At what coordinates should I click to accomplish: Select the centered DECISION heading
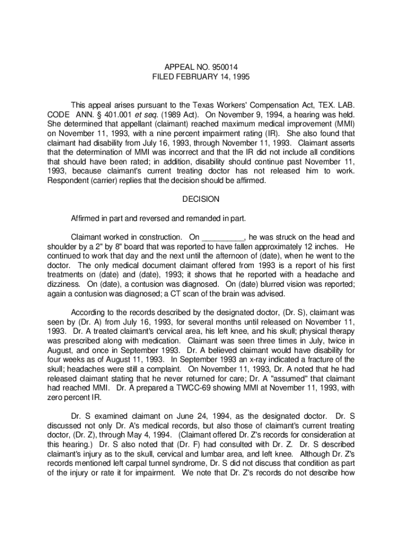201,199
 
